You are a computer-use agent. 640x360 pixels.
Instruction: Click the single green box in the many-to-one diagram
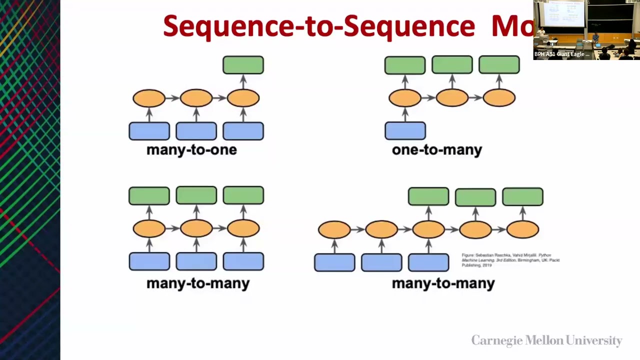pyautogui.click(x=243, y=65)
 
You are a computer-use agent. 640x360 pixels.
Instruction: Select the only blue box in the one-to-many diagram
pyautogui.click(x=405, y=131)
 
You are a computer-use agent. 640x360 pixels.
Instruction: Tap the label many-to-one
pyautogui.click(x=191, y=150)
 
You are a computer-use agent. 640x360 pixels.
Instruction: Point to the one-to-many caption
pyautogui.click(x=436, y=150)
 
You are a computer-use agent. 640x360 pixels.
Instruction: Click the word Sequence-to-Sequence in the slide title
pyautogui.click(x=318, y=26)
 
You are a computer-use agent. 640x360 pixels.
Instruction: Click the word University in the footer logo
pyautogui.click(x=594, y=341)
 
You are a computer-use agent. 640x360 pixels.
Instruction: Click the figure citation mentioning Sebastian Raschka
pyautogui.click(x=510, y=260)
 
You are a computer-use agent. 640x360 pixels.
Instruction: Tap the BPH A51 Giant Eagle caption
pyautogui.click(x=561, y=54)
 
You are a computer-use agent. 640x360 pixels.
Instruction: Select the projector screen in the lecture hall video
pyautogui.click(x=563, y=14)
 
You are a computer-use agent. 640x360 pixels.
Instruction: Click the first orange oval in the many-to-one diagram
pyautogui.click(x=149, y=98)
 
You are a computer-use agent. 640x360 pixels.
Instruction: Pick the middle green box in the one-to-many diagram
pyautogui.click(x=452, y=65)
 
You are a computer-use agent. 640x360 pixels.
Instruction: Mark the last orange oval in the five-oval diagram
pyautogui.click(x=522, y=229)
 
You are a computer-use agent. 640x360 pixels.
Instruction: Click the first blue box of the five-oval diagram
pyautogui.click(x=334, y=262)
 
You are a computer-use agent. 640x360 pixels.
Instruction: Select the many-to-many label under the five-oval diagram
pyautogui.click(x=443, y=283)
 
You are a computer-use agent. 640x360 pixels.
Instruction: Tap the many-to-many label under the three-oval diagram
pyautogui.click(x=197, y=283)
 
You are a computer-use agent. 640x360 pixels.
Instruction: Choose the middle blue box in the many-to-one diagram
pyautogui.click(x=196, y=131)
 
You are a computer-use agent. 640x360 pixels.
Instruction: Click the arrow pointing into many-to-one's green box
pyautogui.click(x=243, y=81)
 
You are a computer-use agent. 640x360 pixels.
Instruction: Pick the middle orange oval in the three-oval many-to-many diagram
pyautogui.click(x=196, y=229)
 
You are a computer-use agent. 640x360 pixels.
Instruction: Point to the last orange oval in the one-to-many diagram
pyautogui.click(x=499, y=98)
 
